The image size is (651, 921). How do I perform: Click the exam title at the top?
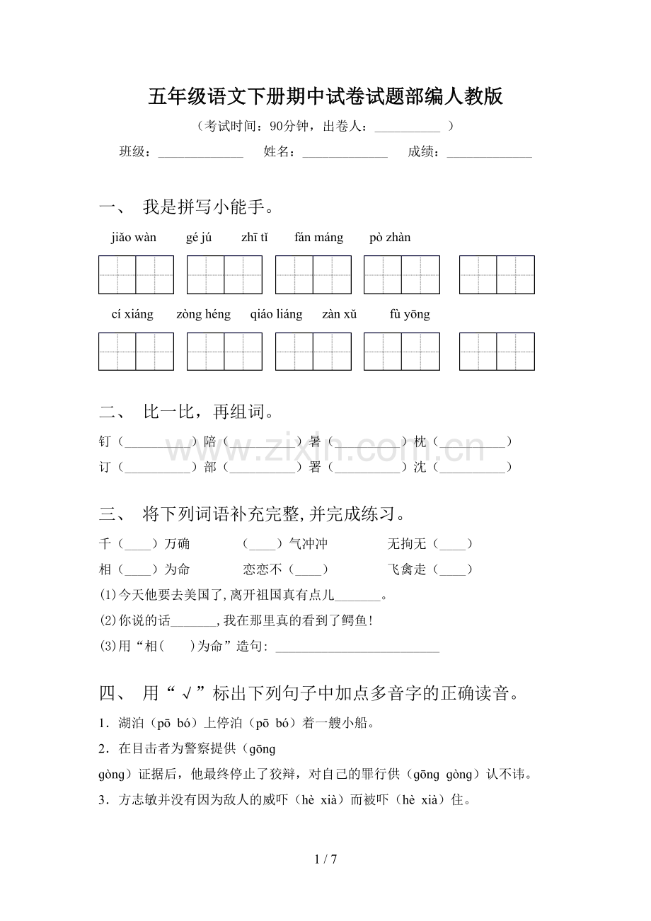click(325, 96)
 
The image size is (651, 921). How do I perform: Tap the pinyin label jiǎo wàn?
click(134, 238)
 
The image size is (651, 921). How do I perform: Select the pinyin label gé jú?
click(199, 238)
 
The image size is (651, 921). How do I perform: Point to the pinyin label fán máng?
click(318, 238)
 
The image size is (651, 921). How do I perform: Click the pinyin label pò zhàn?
click(390, 238)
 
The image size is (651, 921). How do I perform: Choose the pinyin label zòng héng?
click(203, 315)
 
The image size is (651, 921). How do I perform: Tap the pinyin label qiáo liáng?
click(276, 315)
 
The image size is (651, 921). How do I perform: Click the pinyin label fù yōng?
click(410, 315)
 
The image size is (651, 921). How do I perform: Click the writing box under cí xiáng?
click(136, 352)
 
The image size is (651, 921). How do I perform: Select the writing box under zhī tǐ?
click(313, 274)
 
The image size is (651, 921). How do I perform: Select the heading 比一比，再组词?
click(208, 412)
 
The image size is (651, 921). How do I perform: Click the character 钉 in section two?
click(105, 442)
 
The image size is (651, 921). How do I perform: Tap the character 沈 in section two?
click(420, 467)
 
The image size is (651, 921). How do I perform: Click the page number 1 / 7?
click(325, 859)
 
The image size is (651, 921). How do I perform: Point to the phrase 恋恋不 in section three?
click(263, 569)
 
